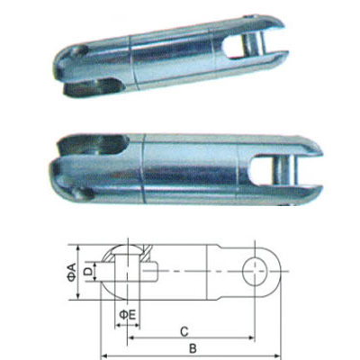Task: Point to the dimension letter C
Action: (184, 328)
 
